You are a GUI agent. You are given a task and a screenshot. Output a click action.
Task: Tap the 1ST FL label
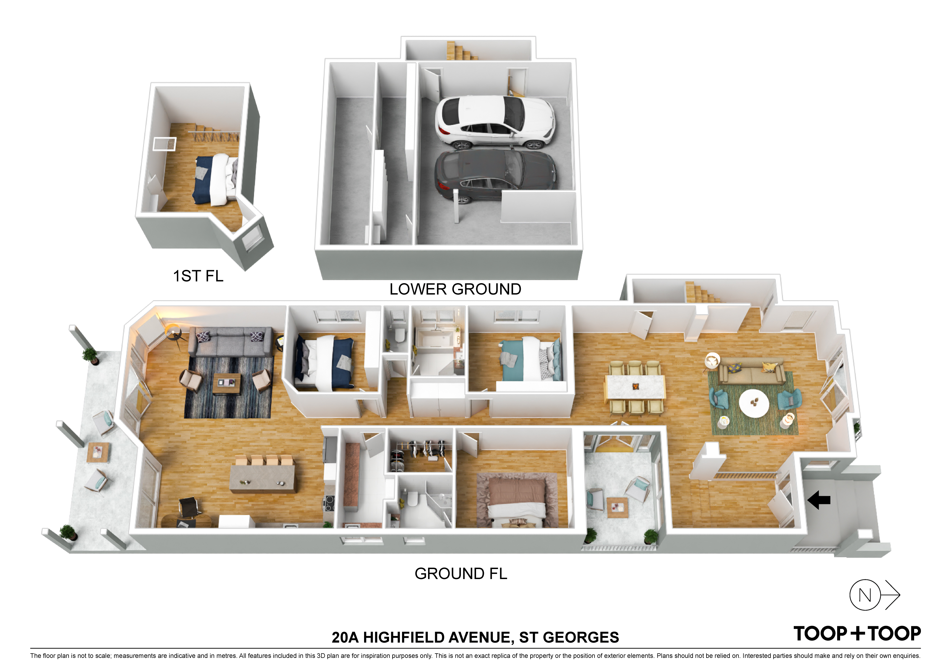coord(198,276)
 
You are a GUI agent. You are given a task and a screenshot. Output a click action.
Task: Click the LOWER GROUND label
coord(455,289)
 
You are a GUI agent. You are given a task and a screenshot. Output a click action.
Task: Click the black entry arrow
coord(819,500)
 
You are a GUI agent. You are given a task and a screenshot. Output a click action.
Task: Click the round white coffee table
coord(754,403)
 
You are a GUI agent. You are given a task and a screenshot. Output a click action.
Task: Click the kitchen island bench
coord(263,478)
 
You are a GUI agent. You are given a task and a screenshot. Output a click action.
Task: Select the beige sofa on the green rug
coord(751,373)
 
